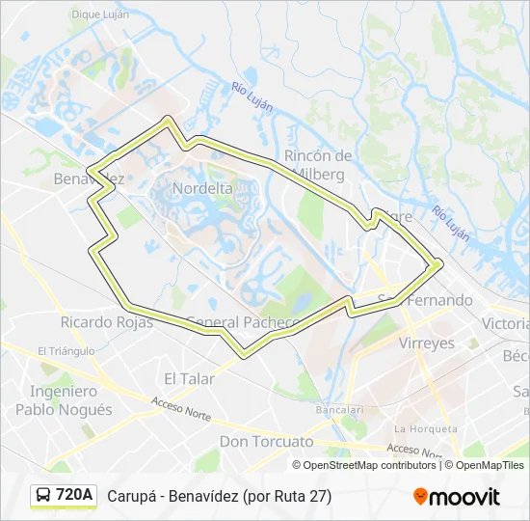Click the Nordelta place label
[x=202, y=189]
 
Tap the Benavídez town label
[x=89, y=179]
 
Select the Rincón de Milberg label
[x=319, y=164]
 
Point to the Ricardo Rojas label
[x=106, y=322]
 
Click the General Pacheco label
[x=242, y=322]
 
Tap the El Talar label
[x=189, y=379]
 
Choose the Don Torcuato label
[x=267, y=442]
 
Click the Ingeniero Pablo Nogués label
[x=64, y=400]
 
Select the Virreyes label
[x=426, y=343]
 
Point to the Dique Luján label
[x=100, y=15]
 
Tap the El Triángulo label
[x=66, y=351]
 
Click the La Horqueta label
[x=424, y=428]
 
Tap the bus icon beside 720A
[x=44, y=496]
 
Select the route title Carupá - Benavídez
[x=220, y=497]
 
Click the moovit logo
[x=457, y=497]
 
